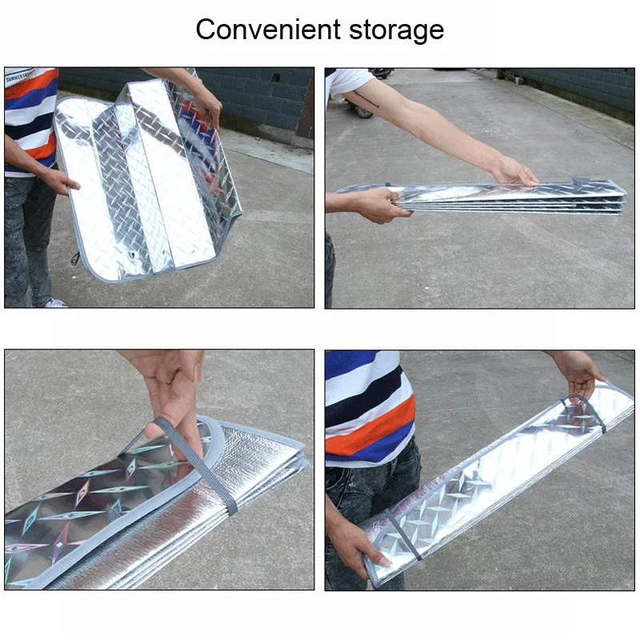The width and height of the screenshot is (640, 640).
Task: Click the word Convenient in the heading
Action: coord(268,30)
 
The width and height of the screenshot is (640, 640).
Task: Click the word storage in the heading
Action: coord(396,31)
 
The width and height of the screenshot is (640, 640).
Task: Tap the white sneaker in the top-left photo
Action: coord(54,303)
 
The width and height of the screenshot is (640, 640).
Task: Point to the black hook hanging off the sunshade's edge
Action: coord(75,258)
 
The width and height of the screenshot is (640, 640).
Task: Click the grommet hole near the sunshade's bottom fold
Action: coord(132,255)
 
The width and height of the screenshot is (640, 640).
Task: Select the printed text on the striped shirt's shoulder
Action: coord(18,76)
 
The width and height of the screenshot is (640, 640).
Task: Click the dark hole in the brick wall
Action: coord(276,77)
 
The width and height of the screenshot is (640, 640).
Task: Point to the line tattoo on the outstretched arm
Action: coord(366,99)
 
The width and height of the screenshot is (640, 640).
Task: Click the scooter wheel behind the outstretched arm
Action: coord(362,110)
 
